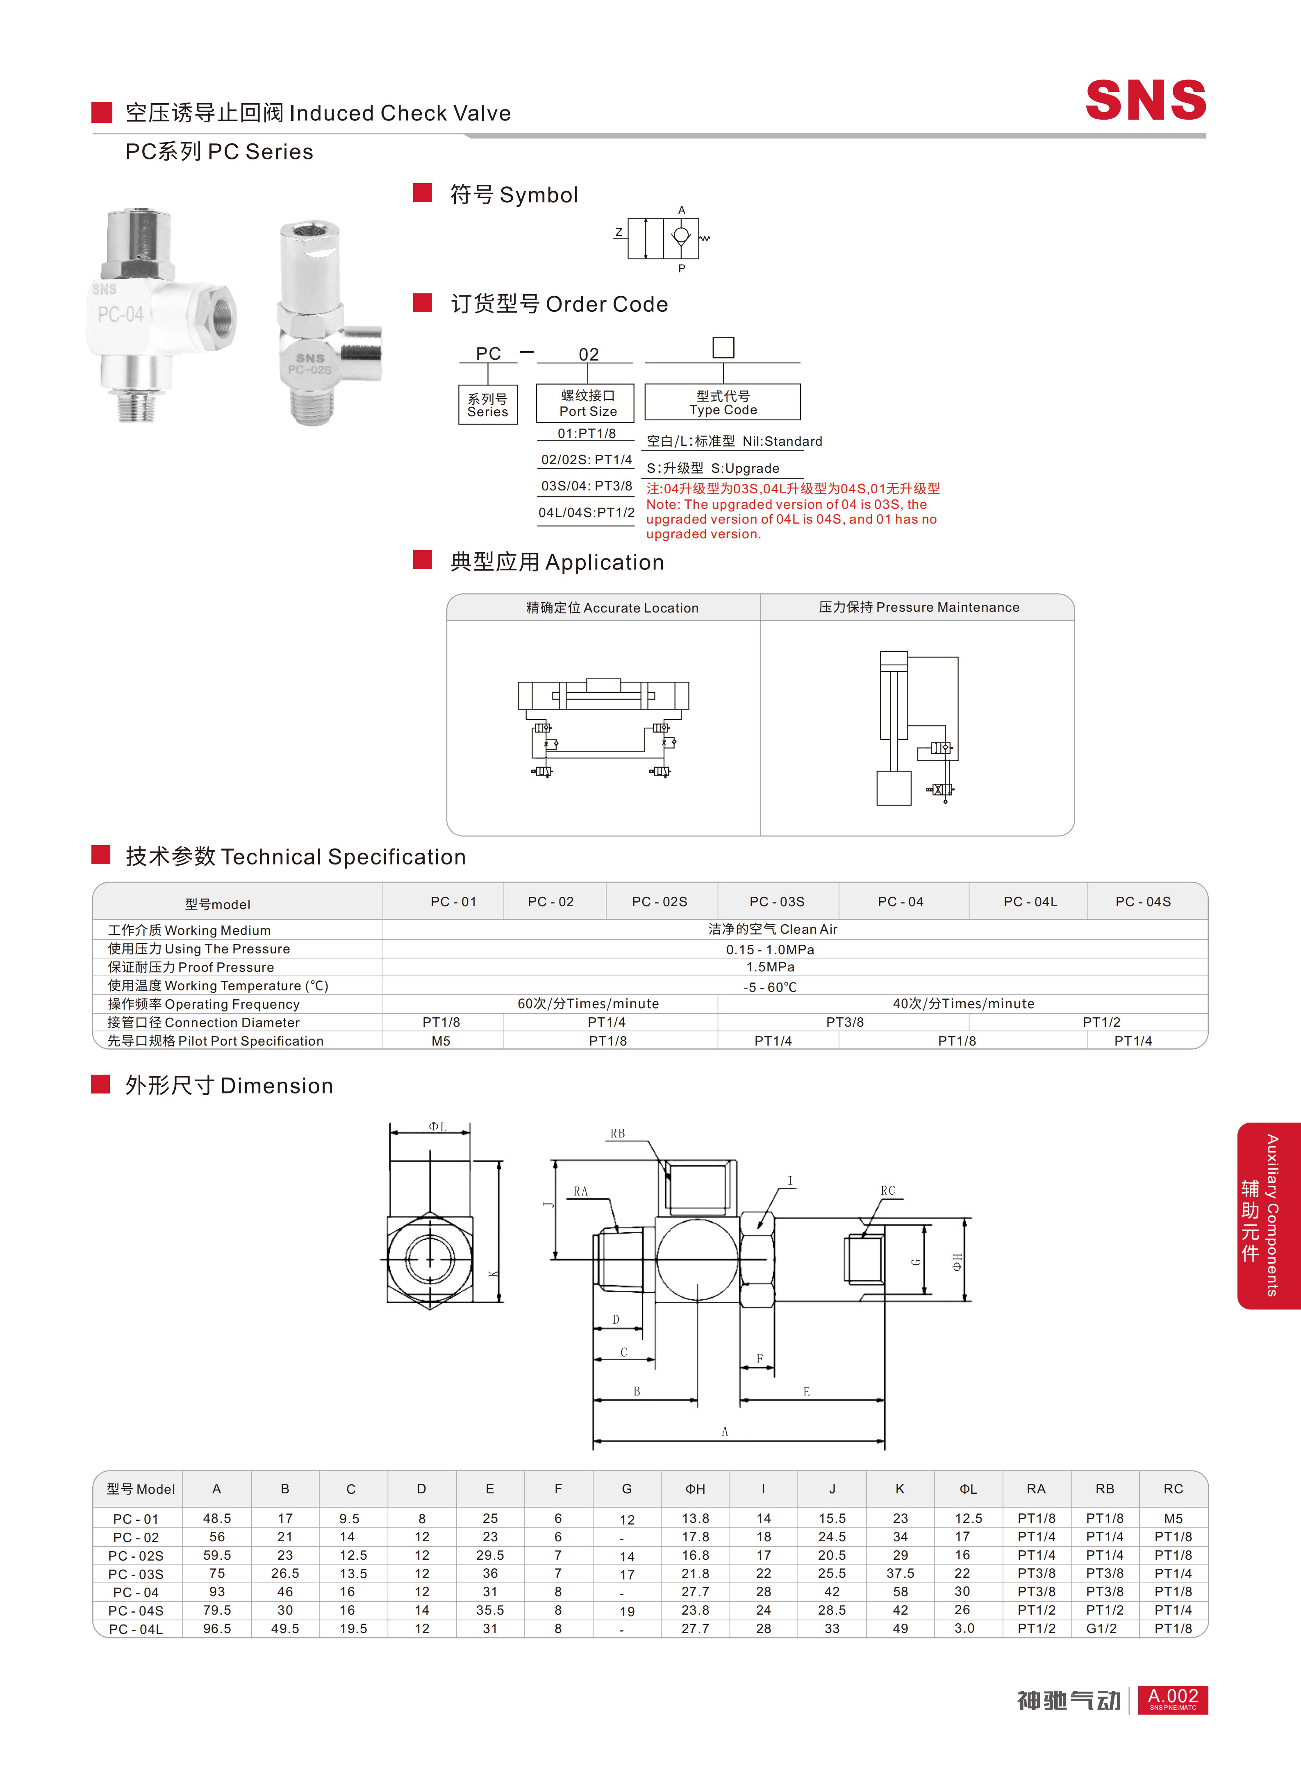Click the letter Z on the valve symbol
[x=619, y=232]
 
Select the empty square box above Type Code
[x=723, y=347]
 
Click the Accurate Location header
[x=612, y=608]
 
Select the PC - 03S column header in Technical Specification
[x=776, y=901]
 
